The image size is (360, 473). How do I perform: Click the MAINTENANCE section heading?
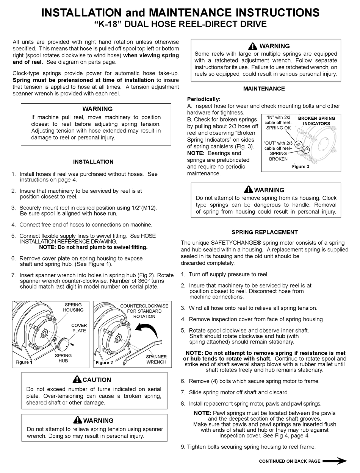(x=264, y=89)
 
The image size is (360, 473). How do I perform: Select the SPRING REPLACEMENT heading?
(x=265, y=232)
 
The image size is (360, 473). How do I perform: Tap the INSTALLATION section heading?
(x=93, y=162)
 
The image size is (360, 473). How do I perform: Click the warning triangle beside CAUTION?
(x=77, y=379)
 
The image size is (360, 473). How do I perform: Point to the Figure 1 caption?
(x=24, y=362)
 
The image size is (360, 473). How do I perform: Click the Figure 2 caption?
(x=104, y=362)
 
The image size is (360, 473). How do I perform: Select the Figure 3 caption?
(x=301, y=167)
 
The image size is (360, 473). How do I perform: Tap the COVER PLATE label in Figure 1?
(x=79, y=328)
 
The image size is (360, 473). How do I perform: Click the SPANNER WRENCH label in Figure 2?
(x=156, y=359)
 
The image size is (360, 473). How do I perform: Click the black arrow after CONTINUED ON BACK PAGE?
(x=335, y=461)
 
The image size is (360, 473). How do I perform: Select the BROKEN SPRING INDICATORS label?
(x=316, y=121)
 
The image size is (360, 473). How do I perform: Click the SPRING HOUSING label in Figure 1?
(x=73, y=307)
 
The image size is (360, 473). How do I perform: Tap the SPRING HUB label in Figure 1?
(x=63, y=358)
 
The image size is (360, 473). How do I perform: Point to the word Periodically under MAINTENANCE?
(x=204, y=99)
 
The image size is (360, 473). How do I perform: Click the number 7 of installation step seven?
(x=13, y=275)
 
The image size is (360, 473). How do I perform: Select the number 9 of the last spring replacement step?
(x=183, y=447)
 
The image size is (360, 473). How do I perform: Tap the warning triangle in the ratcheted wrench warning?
(x=253, y=46)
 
